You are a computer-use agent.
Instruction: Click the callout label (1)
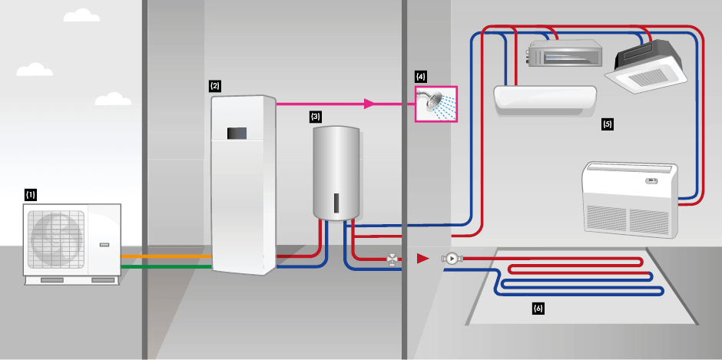tap(31, 195)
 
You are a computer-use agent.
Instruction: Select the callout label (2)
tap(215, 86)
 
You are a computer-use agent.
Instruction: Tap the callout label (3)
tap(316, 117)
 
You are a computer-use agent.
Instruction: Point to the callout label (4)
tap(420, 77)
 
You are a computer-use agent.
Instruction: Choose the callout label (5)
tap(608, 124)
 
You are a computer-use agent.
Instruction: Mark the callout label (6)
tap(538, 309)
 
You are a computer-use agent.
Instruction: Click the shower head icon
tap(436, 104)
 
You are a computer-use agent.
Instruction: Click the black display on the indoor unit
tap(237, 133)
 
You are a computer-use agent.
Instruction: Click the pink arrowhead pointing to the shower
tap(369, 104)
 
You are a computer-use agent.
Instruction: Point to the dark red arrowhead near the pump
tap(422, 259)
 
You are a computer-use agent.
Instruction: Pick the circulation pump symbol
tap(451, 259)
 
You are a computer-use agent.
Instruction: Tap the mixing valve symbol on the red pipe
tap(393, 259)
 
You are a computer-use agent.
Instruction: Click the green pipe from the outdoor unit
tap(166, 267)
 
